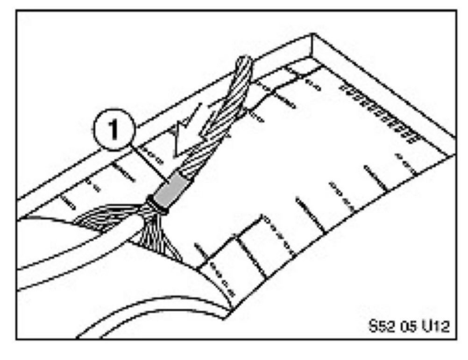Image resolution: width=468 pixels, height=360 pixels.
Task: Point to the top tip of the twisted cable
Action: pos(245,59)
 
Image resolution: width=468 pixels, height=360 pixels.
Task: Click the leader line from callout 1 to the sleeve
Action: pos(149,162)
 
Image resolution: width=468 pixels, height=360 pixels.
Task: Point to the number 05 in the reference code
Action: pos(407,326)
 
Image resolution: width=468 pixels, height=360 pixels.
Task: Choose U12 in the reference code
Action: pos(435,326)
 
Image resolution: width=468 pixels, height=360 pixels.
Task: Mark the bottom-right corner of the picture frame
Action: pos(456,339)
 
